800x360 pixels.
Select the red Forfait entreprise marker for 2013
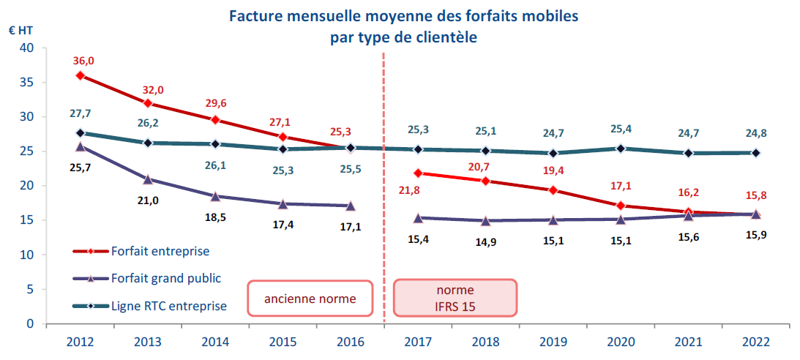pyautogui.click(x=147, y=103)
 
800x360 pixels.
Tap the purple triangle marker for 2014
pyautogui.click(x=215, y=196)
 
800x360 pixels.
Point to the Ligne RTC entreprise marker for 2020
pyautogui.click(x=621, y=149)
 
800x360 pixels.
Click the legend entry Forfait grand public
pyautogui.click(x=165, y=278)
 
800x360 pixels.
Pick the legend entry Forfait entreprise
pyautogui.click(x=160, y=251)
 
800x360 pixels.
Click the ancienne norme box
pyautogui.click(x=310, y=299)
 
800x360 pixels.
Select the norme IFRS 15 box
pyautogui.click(x=455, y=299)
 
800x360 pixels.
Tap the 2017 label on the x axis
pyautogui.click(x=418, y=342)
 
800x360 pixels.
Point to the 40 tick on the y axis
pyautogui.click(x=28, y=48)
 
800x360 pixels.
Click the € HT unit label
pyautogui.click(x=20, y=31)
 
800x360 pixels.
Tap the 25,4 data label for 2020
pyautogui.click(x=621, y=130)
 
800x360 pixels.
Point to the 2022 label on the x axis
pyautogui.click(x=756, y=342)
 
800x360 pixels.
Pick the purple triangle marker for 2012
pyautogui.click(x=80, y=146)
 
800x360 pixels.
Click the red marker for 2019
pyautogui.click(x=553, y=190)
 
